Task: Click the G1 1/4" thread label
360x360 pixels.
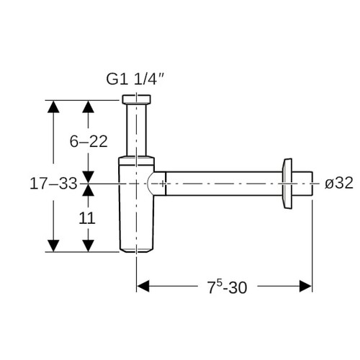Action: pos(135,79)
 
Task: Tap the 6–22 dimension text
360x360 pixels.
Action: pos(89,141)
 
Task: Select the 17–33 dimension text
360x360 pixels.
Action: pos(53,184)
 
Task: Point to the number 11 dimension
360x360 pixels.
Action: pos(87,218)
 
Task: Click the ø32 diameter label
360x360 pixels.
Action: pos(339,183)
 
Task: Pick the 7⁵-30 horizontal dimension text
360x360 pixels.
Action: pos(227,287)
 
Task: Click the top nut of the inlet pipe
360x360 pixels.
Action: pos(136,99)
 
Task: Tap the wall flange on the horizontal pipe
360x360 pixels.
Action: pos(287,184)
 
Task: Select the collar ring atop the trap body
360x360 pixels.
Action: pos(136,161)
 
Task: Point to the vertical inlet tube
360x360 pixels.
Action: pos(136,130)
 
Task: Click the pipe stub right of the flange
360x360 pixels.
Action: pos(302,184)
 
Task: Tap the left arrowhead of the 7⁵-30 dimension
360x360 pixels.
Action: pos(143,286)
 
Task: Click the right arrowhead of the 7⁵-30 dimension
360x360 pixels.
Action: pos(305,286)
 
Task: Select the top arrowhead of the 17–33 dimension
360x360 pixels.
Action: pos(53,107)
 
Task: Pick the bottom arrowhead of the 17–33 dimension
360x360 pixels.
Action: pos(53,246)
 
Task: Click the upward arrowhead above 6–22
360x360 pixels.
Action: pos(88,107)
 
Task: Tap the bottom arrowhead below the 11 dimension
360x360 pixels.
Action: pos(88,246)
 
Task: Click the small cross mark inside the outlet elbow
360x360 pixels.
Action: pos(163,184)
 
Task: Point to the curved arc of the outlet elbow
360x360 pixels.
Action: pos(148,184)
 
